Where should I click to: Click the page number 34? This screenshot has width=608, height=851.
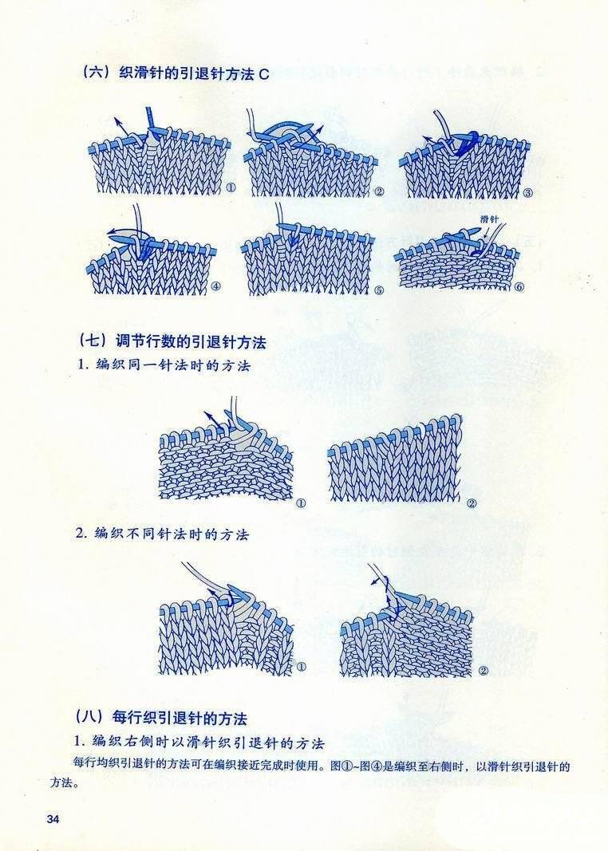click(53, 820)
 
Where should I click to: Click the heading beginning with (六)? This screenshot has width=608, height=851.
click(174, 74)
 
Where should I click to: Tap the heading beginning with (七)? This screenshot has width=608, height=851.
click(172, 342)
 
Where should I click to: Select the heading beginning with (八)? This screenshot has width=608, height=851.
click(160, 718)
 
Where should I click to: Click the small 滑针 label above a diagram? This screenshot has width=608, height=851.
click(490, 220)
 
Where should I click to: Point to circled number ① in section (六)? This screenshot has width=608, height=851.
click(231, 188)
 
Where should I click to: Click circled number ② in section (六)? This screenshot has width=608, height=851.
click(379, 191)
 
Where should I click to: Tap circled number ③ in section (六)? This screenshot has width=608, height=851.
click(527, 193)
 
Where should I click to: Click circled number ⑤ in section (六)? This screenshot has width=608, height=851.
click(378, 290)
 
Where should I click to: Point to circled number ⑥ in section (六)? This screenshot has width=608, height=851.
click(519, 287)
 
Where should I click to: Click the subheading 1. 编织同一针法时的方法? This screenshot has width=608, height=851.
click(164, 365)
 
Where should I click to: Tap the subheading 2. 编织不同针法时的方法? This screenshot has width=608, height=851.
click(163, 534)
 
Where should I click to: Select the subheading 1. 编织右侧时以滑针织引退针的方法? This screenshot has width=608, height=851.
click(199, 742)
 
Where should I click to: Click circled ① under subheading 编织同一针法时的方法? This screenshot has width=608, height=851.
click(301, 503)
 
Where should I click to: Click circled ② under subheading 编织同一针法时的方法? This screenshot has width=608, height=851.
click(472, 503)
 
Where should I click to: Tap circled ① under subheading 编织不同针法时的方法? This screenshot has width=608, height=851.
click(301, 667)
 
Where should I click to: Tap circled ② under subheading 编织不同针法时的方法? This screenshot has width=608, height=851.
click(484, 671)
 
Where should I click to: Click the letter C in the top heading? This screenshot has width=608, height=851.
click(264, 74)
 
